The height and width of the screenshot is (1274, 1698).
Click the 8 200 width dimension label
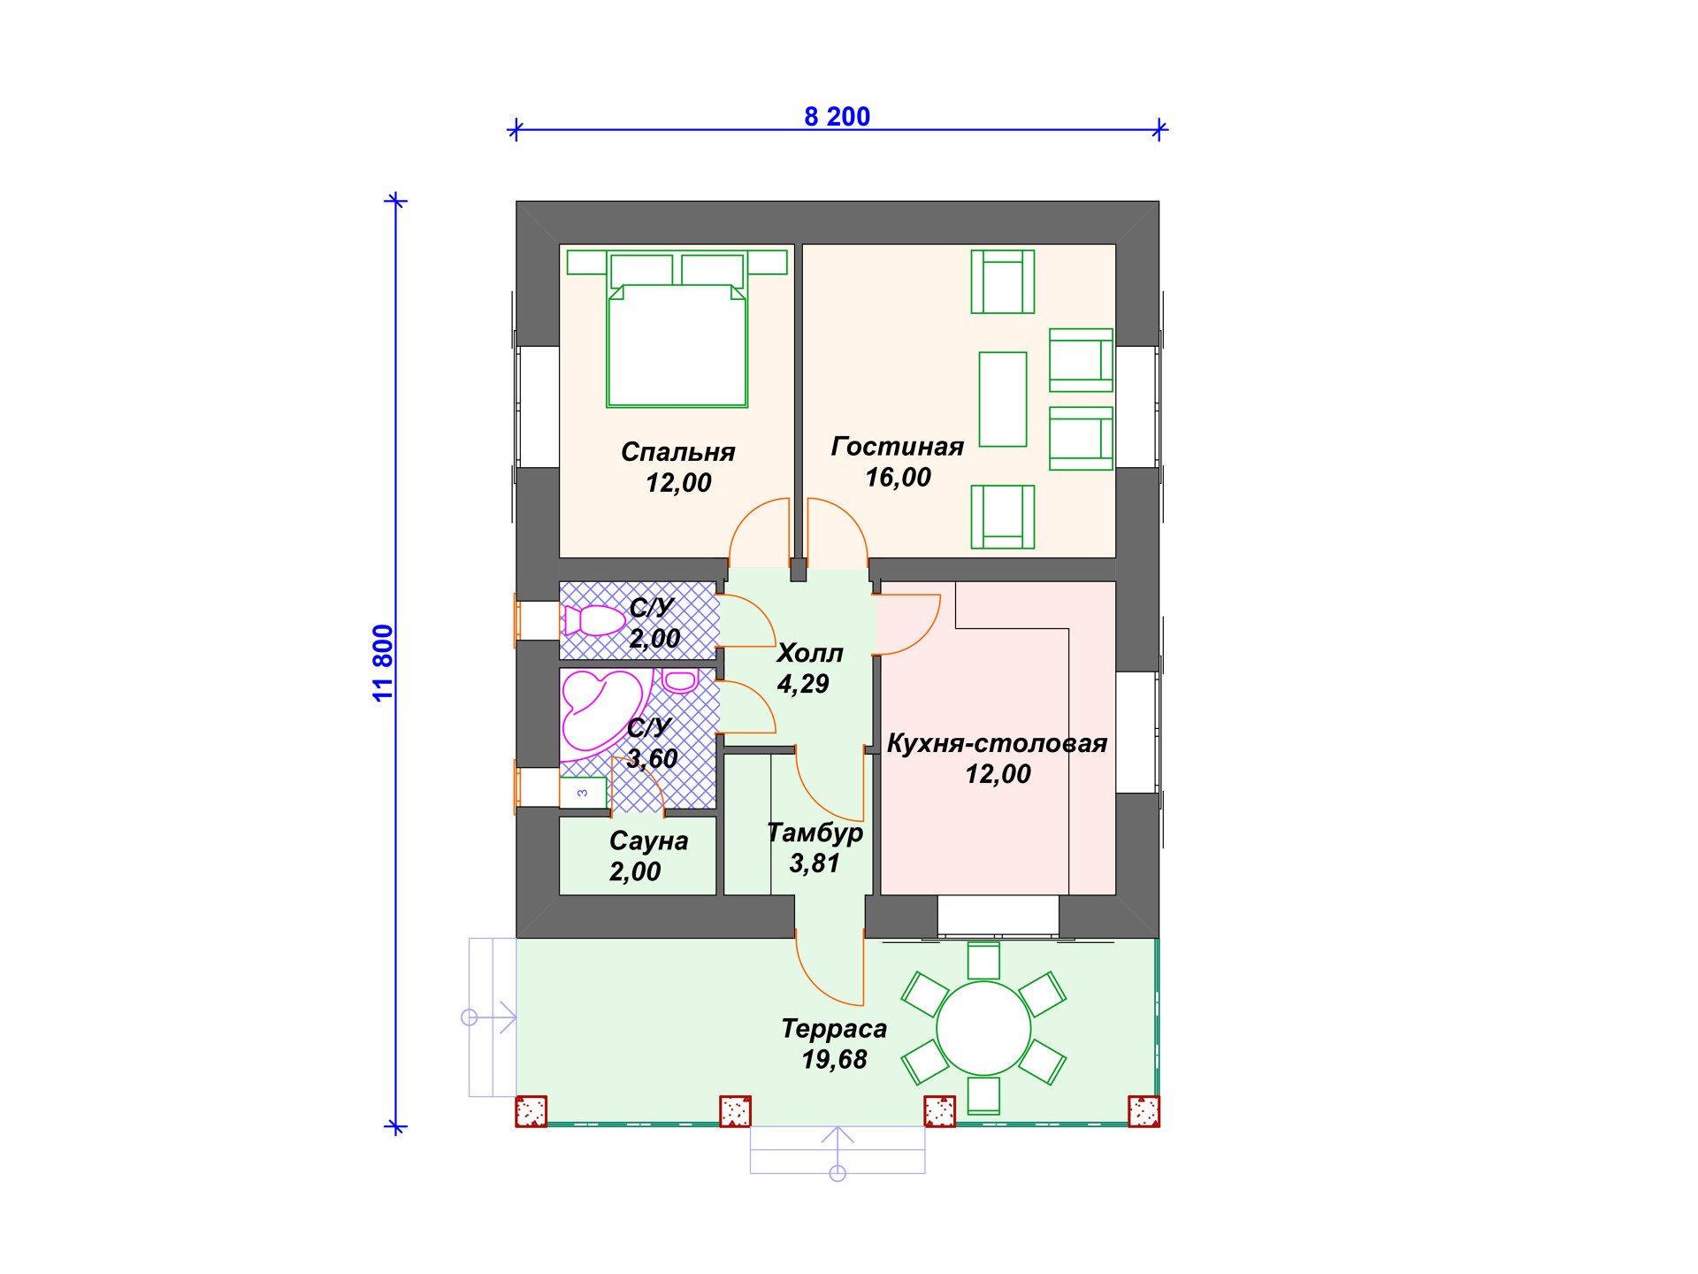[x=837, y=116]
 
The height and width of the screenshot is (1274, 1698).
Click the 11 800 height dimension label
[x=382, y=663]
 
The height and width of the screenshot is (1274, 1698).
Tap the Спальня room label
[x=677, y=452]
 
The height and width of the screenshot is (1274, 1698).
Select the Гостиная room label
[x=897, y=447]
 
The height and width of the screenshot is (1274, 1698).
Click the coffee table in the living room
[x=1003, y=399]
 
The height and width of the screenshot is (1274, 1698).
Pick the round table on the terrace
[x=983, y=1028]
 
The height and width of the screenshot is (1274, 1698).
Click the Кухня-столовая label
[x=997, y=743]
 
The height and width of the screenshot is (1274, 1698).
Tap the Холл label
[x=809, y=654]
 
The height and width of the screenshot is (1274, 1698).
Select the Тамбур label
[x=815, y=833]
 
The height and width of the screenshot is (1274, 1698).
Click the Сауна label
[x=648, y=840]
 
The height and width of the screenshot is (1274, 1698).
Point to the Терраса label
[x=834, y=1029]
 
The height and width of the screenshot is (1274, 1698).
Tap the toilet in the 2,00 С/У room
[x=594, y=621]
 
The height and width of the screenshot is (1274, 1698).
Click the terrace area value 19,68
[x=834, y=1059]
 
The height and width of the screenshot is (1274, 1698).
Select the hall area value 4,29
[x=803, y=684]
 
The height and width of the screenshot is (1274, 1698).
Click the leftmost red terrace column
[x=532, y=1111]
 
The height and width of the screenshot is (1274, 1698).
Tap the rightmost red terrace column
[x=1143, y=1111]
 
